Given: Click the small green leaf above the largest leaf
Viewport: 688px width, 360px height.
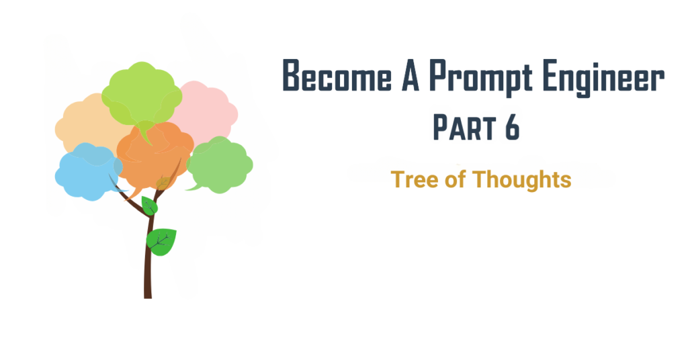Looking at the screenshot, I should [149, 206].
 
